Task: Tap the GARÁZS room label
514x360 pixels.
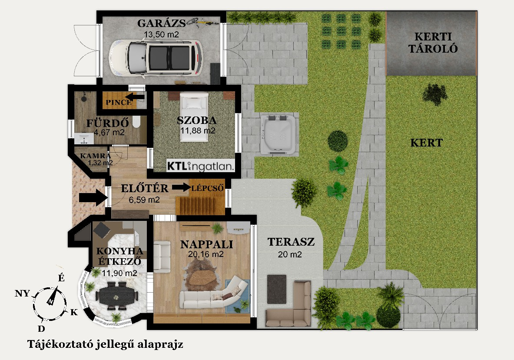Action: coord(161,23)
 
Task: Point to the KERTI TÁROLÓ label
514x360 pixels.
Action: coord(433,43)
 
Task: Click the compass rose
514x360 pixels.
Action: coord(50,303)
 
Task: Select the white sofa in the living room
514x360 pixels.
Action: coord(213,294)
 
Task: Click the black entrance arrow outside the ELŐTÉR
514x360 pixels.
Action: coord(93,198)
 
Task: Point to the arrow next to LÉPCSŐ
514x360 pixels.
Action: coord(181,187)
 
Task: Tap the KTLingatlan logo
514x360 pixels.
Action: coord(200,166)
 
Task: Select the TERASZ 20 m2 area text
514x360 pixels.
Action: coord(291,247)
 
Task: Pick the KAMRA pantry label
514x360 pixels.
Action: coord(96,156)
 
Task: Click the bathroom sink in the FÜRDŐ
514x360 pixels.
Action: coord(84,139)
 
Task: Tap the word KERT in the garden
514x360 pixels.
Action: coord(427,143)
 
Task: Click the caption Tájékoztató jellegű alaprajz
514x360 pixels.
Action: coord(105,344)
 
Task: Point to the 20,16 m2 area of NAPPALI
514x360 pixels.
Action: coord(206,254)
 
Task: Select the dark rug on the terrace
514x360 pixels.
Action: coord(277,289)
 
